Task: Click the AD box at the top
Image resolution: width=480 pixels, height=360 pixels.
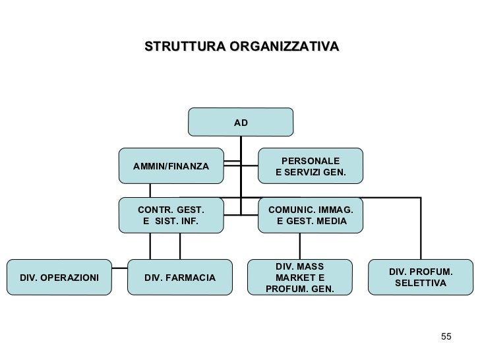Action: tap(241, 123)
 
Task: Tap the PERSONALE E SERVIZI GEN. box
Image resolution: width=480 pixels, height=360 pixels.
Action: tap(310, 166)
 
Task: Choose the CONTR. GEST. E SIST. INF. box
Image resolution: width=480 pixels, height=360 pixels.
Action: tap(171, 215)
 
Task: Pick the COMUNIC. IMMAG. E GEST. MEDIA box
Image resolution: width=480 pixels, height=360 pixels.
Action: tap(311, 215)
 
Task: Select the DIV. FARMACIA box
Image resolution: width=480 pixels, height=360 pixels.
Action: tap(179, 278)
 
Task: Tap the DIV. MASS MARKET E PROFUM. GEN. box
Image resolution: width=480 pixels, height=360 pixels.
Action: tap(299, 278)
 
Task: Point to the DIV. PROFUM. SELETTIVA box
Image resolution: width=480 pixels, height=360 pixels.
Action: tap(421, 278)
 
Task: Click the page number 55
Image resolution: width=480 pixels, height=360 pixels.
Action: tap(446, 338)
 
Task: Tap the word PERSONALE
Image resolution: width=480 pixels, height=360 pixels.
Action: tap(311, 161)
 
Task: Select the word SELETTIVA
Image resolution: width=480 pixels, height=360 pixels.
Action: tap(421, 284)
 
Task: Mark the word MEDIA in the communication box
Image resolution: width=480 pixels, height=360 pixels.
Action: tap(331, 221)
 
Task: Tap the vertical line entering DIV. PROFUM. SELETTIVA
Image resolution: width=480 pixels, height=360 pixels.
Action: tap(421, 227)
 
